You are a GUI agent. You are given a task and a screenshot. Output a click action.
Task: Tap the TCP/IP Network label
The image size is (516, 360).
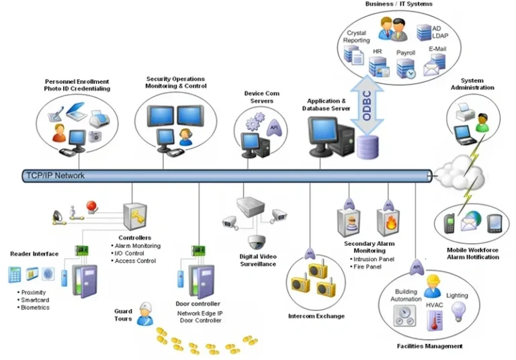pyautogui.click(x=55, y=175)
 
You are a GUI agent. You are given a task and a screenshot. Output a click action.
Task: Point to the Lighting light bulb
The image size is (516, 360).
pyautogui.click(x=459, y=310)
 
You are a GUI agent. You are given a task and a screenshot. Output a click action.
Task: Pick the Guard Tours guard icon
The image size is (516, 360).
pyautogui.click(x=144, y=314)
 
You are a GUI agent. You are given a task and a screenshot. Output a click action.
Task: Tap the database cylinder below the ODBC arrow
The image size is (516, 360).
pyautogui.click(x=367, y=148)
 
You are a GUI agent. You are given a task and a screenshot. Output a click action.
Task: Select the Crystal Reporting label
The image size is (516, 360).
pyautogui.click(x=356, y=36)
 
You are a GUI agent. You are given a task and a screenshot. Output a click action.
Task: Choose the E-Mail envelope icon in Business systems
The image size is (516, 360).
pyautogui.click(x=435, y=64)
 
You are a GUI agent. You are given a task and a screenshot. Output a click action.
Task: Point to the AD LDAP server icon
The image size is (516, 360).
pyautogui.click(x=425, y=32)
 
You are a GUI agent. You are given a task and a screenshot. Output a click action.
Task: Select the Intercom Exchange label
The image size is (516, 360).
pyautogui.click(x=316, y=316)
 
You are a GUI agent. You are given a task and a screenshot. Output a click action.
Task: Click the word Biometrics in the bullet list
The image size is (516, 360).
pyautogui.click(x=35, y=308)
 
